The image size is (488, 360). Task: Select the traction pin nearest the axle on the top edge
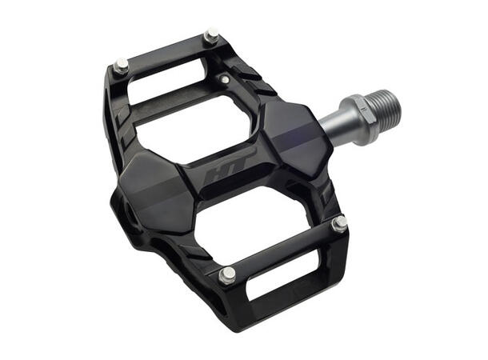tap(211, 36)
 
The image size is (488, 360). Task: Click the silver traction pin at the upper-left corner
tap(121, 66)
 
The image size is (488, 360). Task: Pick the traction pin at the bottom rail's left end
tap(227, 275)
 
